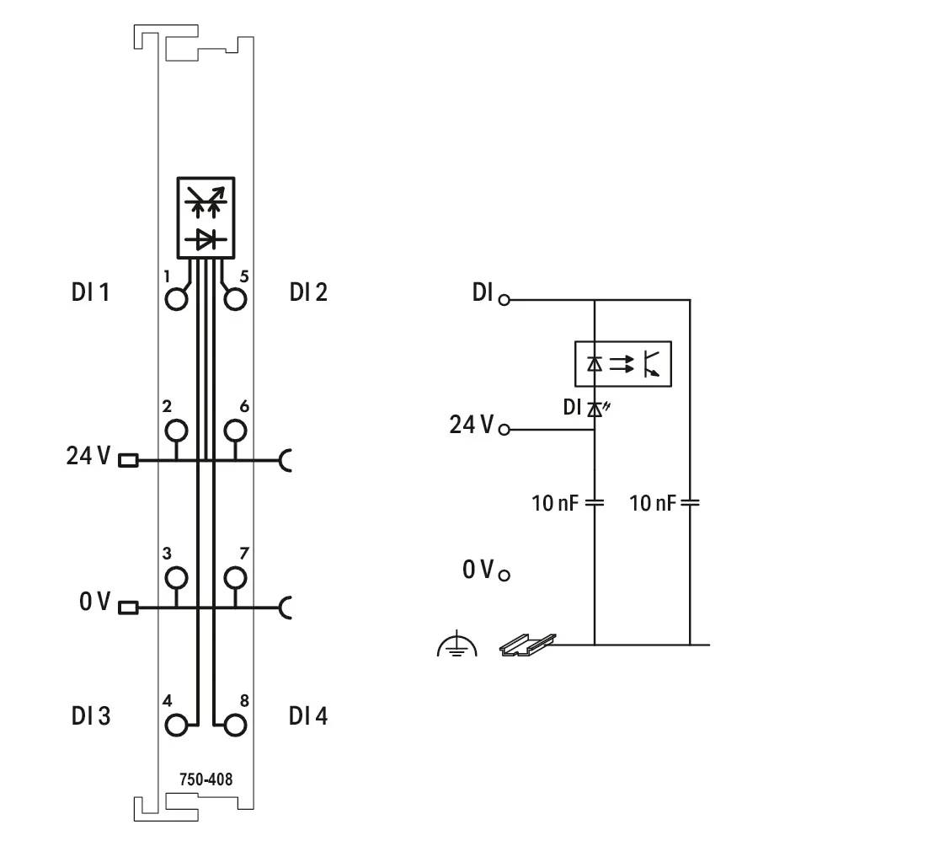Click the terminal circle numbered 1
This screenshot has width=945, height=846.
(x=176, y=300)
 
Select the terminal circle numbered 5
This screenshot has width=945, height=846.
(x=235, y=300)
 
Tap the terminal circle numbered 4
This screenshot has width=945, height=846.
(x=176, y=725)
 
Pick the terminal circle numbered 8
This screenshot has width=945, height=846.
(x=235, y=725)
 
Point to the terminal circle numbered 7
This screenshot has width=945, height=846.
(x=235, y=578)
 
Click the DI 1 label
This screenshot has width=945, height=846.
(x=92, y=293)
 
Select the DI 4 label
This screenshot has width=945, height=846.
(x=308, y=716)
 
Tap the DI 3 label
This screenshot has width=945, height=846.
(x=92, y=716)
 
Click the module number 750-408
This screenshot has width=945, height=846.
(x=206, y=779)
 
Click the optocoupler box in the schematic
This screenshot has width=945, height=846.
(x=622, y=364)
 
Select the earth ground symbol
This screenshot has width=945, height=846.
(x=457, y=646)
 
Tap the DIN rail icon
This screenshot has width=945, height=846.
(x=528, y=645)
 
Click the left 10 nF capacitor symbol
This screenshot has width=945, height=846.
(x=595, y=503)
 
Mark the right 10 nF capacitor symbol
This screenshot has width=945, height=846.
(x=690, y=503)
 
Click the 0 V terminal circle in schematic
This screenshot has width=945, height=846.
(x=505, y=576)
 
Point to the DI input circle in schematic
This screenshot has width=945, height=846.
(x=505, y=299)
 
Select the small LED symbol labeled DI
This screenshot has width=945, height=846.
(x=595, y=409)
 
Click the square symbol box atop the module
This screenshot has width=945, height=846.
(x=206, y=217)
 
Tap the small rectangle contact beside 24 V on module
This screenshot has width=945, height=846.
(x=128, y=461)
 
